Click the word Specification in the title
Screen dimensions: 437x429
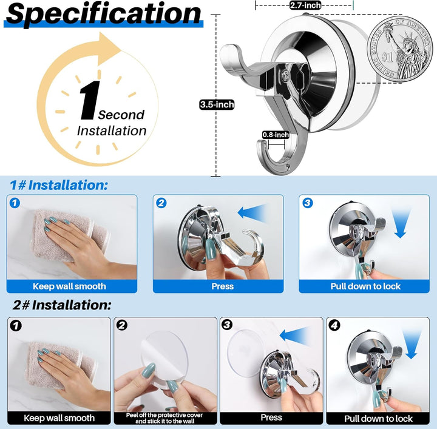click(x=103, y=13)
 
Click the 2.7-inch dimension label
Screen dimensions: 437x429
click(x=305, y=5)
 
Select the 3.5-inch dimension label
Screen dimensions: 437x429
click(x=217, y=104)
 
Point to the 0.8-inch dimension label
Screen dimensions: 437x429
click(x=276, y=135)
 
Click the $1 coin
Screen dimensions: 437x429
click(x=399, y=49)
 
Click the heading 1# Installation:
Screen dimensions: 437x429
click(x=58, y=185)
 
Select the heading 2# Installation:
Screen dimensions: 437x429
click(x=61, y=305)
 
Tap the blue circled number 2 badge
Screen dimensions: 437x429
click(x=161, y=203)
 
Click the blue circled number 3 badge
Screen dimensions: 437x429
click(x=307, y=203)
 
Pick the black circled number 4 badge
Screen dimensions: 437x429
click(x=334, y=325)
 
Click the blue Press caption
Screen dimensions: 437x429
click(x=222, y=286)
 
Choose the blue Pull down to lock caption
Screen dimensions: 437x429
click(x=365, y=286)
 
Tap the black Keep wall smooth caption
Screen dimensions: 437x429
click(x=59, y=418)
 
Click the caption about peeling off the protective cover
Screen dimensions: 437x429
click(x=164, y=418)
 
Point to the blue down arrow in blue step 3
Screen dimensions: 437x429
click(x=401, y=223)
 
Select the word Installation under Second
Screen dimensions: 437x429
click(x=112, y=130)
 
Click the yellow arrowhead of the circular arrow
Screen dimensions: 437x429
click(x=109, y=48)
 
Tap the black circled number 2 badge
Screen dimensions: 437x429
click(x=122, y=325)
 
